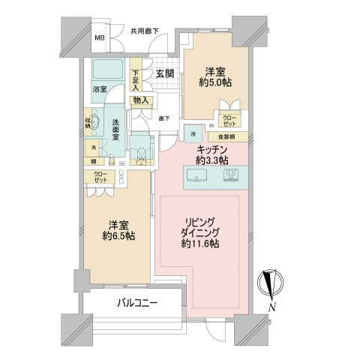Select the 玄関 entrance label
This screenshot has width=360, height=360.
point(166,73)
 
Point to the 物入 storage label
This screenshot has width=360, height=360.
point(141,100)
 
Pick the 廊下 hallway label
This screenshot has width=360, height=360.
point(165,118)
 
